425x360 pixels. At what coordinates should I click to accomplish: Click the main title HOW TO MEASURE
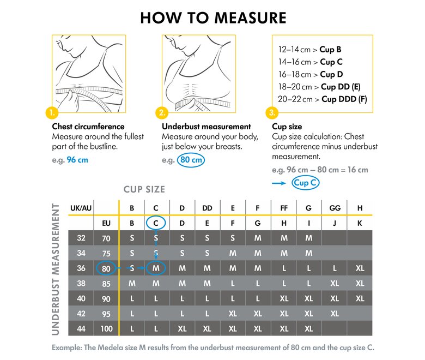213,17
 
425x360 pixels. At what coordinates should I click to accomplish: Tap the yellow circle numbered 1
52,112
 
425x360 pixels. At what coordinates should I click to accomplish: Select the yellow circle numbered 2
162,112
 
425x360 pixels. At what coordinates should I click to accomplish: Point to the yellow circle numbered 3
272,112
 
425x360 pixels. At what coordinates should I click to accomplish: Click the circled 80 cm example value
191,160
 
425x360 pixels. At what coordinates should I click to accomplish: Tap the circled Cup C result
306,183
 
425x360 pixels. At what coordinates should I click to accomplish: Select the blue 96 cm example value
77,160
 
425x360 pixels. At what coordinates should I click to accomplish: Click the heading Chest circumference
88,127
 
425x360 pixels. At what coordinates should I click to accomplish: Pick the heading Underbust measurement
207,127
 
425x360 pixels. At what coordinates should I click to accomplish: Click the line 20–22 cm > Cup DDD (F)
322,99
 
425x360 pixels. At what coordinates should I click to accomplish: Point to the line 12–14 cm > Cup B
309,50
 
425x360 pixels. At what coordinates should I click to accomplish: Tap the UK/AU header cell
81,208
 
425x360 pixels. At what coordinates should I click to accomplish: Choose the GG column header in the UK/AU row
335,208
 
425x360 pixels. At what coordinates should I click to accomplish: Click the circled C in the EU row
156,223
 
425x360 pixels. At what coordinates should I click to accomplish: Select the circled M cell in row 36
156,268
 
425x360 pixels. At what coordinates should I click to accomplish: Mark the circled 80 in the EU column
106,268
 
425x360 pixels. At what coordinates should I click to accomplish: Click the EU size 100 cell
106,329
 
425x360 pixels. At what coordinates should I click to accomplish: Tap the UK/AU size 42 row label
81,314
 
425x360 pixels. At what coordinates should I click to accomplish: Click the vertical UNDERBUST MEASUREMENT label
56,269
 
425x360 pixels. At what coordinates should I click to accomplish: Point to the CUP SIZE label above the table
144,189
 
